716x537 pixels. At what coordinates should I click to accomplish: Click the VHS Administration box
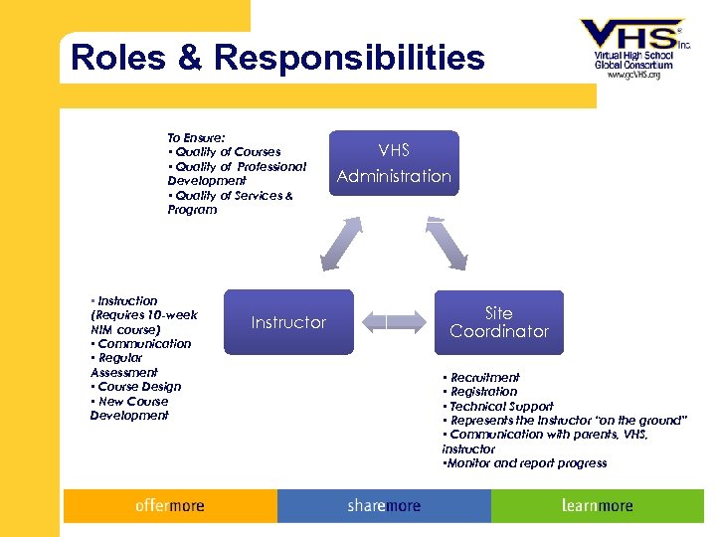point(394,163)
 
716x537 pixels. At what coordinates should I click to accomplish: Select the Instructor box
point(288,322)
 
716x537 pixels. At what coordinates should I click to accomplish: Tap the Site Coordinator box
point(499,322)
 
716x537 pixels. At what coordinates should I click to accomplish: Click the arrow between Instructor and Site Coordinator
point(394,321)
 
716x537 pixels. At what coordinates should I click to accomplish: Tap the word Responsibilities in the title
point(348,58)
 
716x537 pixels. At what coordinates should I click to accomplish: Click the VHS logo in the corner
point(633,38)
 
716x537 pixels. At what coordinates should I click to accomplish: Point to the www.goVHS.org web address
point(633,75)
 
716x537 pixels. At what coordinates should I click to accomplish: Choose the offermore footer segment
point(170,506)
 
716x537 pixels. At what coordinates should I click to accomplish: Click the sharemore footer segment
point(384,506)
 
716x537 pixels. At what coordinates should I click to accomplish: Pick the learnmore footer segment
point(597,506)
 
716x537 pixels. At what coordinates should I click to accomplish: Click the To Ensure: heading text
point(196,137)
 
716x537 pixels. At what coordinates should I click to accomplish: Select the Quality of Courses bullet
point(227,152)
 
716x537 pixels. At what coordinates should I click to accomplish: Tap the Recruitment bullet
point(483,378)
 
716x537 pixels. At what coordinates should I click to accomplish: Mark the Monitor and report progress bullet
point(526,463)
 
